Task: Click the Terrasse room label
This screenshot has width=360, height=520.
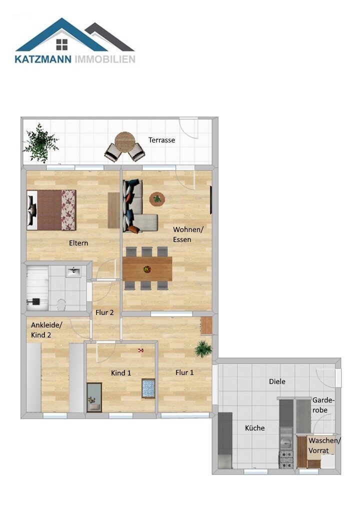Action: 161,140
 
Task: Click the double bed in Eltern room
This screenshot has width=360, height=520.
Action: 51,209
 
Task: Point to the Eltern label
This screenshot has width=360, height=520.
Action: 78,243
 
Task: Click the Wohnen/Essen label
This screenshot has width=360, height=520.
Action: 185,234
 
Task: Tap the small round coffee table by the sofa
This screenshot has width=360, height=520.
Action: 157,199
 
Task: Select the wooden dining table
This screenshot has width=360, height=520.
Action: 147,268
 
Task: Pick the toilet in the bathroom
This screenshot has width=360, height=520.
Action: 61,303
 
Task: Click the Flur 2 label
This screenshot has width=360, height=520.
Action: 105,313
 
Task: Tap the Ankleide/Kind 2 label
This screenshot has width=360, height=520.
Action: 47,329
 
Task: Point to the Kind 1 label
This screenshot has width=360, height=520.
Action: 121,373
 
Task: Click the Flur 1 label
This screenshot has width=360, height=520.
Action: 184,372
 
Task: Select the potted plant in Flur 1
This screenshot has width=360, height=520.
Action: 203,348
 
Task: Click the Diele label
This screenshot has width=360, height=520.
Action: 277,381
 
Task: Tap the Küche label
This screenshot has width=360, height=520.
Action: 254,428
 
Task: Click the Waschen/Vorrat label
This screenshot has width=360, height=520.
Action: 324,445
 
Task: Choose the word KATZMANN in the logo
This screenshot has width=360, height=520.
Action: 43,59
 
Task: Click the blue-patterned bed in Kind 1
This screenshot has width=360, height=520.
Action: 148,388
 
